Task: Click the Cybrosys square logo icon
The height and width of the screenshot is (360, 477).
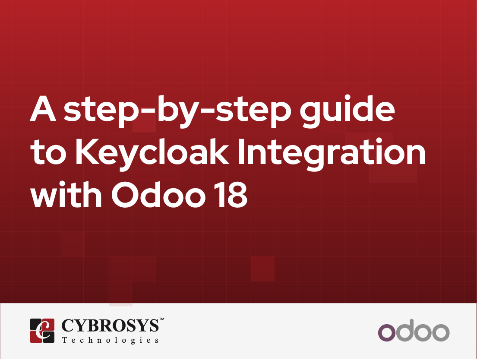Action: pos(42,331)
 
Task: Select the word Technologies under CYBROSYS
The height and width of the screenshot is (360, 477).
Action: pos(110,340)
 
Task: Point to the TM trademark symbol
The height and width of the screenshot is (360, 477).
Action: pos(162,319)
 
